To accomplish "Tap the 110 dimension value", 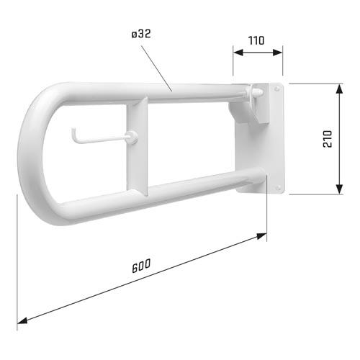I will click(257, 41).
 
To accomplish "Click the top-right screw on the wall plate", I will click(277, 89).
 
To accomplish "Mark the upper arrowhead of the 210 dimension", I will click(338, 86).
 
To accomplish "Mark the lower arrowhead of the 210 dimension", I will click(338, 191).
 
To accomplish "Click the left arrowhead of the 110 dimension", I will click(235, 51).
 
